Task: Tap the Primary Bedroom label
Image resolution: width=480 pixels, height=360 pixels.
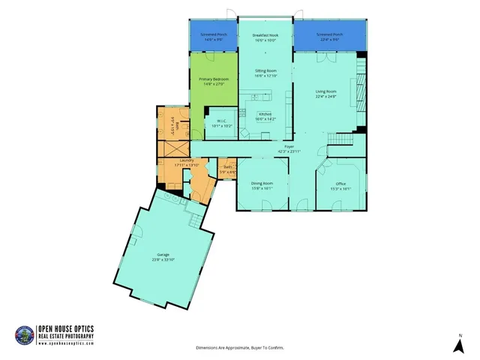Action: click(x=214, y=79)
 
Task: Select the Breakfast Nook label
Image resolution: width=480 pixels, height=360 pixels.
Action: click(x=265, y=35)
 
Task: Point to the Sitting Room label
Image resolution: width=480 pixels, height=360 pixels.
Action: click(x=265, y=72)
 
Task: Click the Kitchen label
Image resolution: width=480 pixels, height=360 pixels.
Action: click(x=265, y=114)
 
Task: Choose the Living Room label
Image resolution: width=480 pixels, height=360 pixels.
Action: click(x=329, y=91)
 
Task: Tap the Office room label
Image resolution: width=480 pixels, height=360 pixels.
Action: click(x=340, y=184)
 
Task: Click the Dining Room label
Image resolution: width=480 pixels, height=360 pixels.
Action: click(x=262, y=184)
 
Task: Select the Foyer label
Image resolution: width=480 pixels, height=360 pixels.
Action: click(x=288, y=146)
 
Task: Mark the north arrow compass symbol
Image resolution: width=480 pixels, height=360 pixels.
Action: click(x=457, y=344)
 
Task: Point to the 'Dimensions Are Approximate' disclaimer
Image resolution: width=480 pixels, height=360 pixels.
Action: click(x=240, y=348)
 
